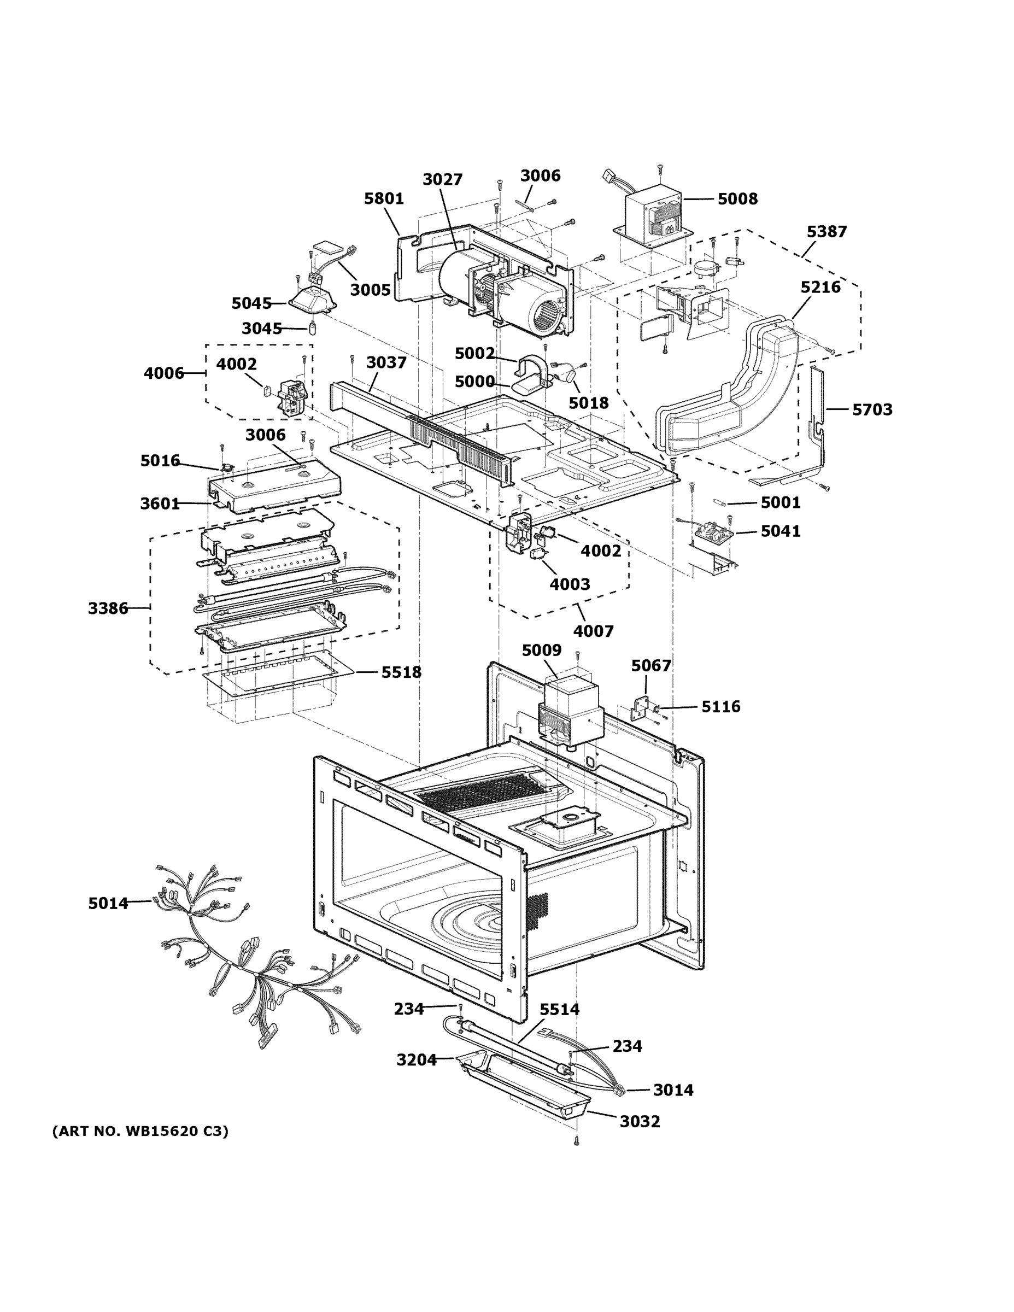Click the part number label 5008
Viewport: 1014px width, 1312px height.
[737, 199]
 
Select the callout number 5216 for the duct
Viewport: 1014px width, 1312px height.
[820, 287]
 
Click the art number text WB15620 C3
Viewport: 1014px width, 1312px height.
[140, 1131]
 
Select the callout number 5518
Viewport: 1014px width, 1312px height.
[401, 672]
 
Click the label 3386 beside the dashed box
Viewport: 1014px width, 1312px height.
[108, 608]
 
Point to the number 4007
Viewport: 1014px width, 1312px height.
[593, 631]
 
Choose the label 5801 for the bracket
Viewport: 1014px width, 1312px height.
[384, 199]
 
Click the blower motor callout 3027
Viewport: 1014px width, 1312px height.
[442, 180]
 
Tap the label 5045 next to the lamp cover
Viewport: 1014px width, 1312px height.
[251, 304]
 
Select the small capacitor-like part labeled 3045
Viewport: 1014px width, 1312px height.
[312, 329]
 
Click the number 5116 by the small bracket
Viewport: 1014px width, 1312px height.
[720, 707]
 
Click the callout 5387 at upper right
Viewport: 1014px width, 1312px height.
[826, 232]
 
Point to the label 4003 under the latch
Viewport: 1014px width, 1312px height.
[570, 584]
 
